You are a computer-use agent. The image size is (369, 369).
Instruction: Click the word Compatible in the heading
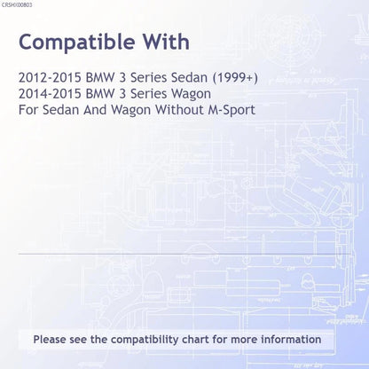point(77,43)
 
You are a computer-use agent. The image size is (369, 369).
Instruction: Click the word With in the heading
point(167,42)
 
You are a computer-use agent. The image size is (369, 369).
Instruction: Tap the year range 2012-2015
point(50,78)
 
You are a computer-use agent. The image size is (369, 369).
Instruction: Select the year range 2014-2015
point(50,94)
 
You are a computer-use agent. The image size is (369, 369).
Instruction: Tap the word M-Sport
point(232,110)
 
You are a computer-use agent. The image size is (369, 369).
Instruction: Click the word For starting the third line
point(28,110)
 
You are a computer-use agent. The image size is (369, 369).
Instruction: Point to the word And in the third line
point(95,110)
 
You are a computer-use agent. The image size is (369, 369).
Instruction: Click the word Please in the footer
point(50,340)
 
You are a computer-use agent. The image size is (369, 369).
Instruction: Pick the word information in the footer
point(291,340)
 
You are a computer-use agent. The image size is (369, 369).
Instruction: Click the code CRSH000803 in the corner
point(17,5)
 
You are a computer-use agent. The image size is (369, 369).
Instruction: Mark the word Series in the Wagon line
point(148,94)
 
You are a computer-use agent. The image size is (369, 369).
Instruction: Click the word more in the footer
point(244,340)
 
